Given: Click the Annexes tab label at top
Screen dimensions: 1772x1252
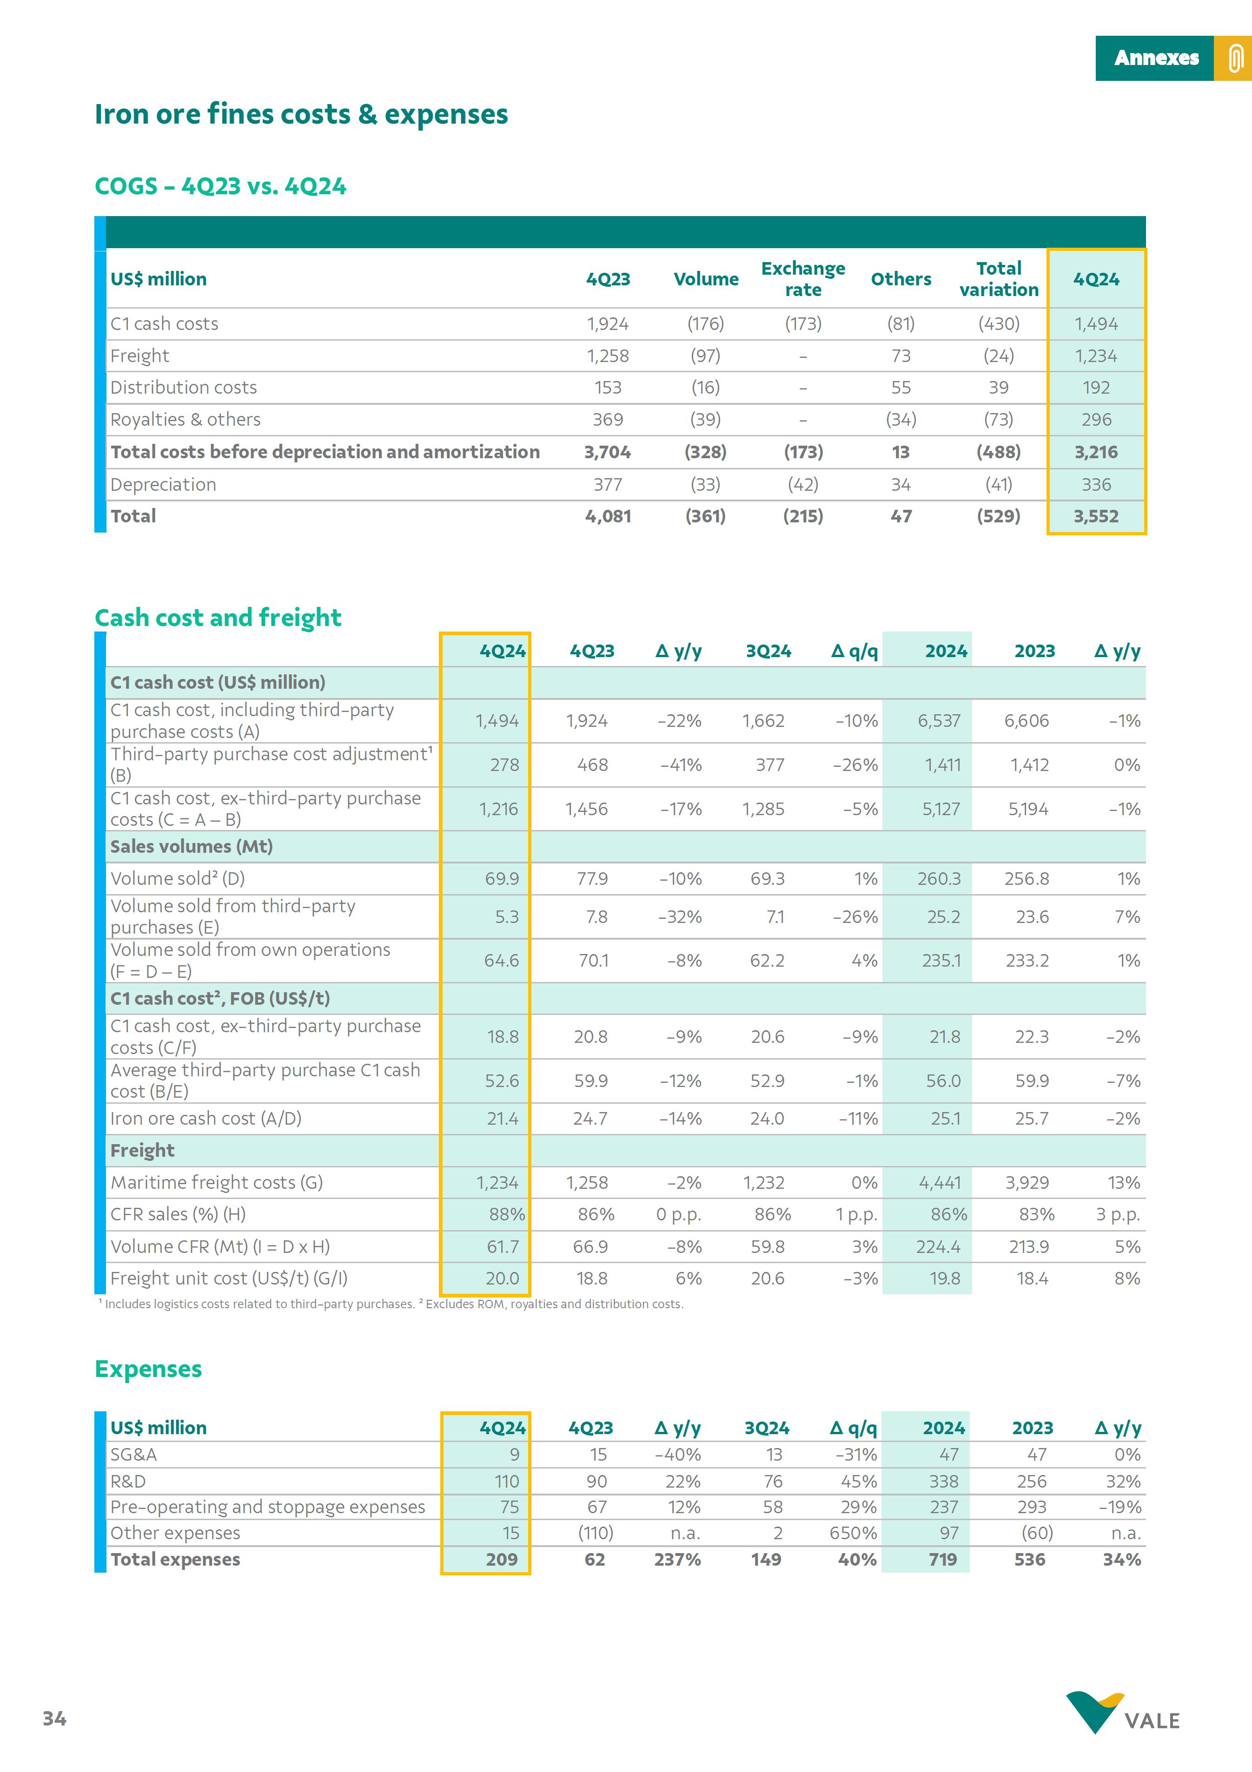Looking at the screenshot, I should pos(1155,58).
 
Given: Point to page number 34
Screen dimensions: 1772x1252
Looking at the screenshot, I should pos(54,1718).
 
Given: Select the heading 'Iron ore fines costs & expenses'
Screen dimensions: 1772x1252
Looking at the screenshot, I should pos(301,114).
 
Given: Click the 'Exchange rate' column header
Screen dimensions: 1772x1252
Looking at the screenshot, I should pos(803,279).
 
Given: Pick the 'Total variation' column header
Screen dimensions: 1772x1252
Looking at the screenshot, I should pos(998,279).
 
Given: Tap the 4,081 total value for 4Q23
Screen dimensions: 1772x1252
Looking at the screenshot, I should pos(608,516).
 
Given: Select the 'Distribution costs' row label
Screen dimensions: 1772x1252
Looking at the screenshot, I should pos(184,388).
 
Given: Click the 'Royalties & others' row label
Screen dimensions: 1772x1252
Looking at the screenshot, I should pos(185,420).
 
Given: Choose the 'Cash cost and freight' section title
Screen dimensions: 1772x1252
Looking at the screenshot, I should pos(218,618).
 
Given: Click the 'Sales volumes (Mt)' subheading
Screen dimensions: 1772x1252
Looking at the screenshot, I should pos(192,847).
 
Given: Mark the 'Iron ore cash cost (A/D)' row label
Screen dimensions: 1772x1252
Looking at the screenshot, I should pos(205,1118).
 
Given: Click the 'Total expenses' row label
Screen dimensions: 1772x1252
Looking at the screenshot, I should pos(175,1559).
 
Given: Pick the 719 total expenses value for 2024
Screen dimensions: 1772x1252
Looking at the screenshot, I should pos(942,1559).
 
